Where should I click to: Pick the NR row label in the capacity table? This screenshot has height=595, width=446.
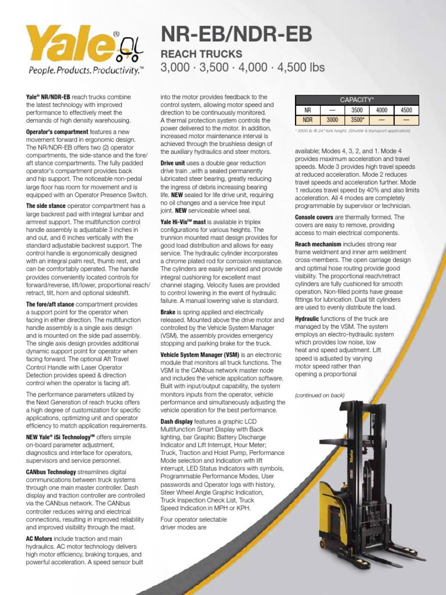(x=308, y=110)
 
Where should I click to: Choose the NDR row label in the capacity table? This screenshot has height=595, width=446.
(x=308, y=120)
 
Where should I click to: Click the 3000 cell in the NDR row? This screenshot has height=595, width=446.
(x=332, y=120)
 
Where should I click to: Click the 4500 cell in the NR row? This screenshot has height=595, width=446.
(x=407, y=110)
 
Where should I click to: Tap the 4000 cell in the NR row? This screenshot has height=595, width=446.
(x=382, y=110)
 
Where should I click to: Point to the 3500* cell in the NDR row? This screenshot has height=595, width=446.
(x=357, y=120)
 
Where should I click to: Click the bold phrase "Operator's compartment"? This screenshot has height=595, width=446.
(x=57, y=132)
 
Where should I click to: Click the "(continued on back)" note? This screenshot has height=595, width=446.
(x=319, y=396)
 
